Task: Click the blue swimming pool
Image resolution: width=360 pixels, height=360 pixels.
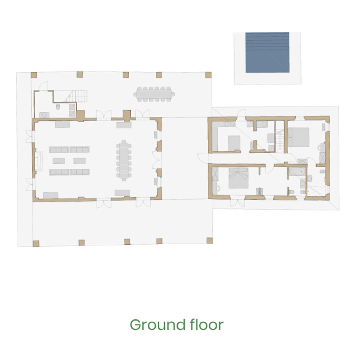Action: (267, 53)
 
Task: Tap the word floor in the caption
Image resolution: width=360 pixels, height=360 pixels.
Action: (207, 325)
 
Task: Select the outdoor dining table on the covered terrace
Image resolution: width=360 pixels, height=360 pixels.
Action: (154, 94)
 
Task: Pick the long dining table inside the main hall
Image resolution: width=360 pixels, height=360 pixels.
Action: (124, 160)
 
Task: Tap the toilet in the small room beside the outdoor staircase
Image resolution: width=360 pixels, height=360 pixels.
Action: (58, 106)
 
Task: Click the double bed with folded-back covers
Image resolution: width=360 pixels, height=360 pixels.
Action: (239, 178)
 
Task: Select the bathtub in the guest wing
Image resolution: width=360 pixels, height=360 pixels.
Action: (297, 172)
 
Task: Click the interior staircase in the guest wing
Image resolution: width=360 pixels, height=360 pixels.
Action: (280, 141)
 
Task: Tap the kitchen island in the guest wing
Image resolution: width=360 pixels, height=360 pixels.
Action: (234, 143)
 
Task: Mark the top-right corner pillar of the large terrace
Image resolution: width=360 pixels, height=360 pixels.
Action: (208, 75)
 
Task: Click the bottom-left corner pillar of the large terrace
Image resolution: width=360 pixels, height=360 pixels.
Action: (36, 244)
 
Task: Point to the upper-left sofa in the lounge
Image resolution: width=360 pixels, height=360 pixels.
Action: (59, 150)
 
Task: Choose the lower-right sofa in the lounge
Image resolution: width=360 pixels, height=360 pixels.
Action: (80, 172)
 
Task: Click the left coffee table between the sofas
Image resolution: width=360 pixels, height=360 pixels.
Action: (59, 161)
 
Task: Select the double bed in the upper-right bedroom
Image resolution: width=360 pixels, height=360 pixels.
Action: (299, 137)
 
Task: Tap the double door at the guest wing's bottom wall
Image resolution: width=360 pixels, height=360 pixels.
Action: (237, 202)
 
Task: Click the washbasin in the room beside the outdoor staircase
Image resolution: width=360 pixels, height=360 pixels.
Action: (44, 115)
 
